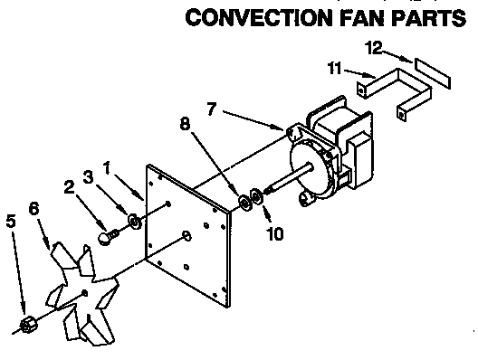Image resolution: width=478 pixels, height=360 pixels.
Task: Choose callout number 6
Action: (x=34, y=208)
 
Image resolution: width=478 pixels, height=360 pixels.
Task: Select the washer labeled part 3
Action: (x=135, y=220)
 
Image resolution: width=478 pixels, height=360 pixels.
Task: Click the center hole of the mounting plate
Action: (x=186, y=236)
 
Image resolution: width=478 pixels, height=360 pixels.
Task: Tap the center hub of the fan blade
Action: (x=83, y=291)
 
